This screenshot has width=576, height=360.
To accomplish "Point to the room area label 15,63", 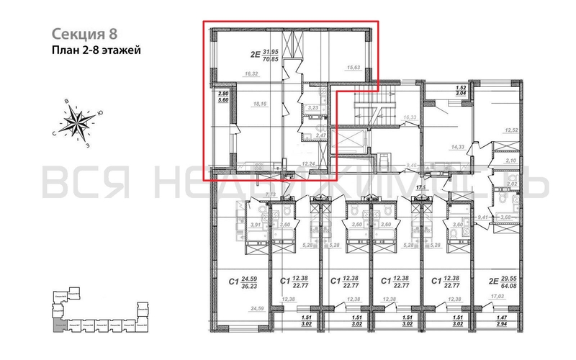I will (x=354, y=68).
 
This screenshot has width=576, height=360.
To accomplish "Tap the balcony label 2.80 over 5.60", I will (x=222, y=97).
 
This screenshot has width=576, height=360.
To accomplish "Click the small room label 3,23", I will (x=312, y=108).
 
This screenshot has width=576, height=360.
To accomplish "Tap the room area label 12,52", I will (x=512, y=130).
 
